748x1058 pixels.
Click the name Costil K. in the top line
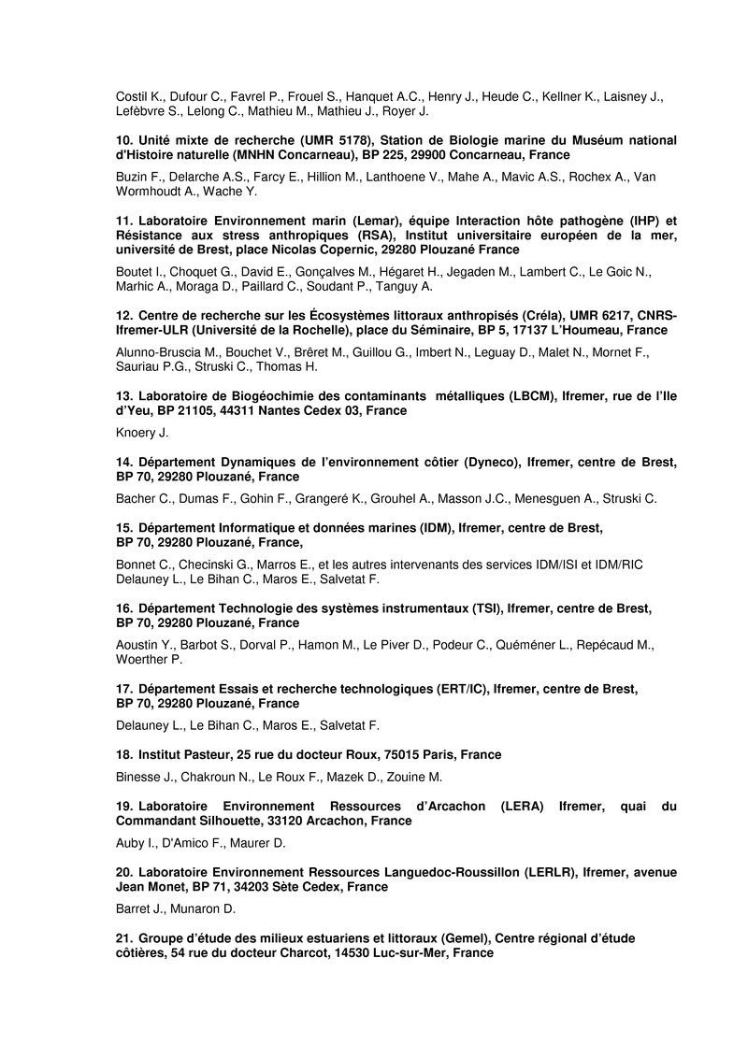(x=137, y=96)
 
